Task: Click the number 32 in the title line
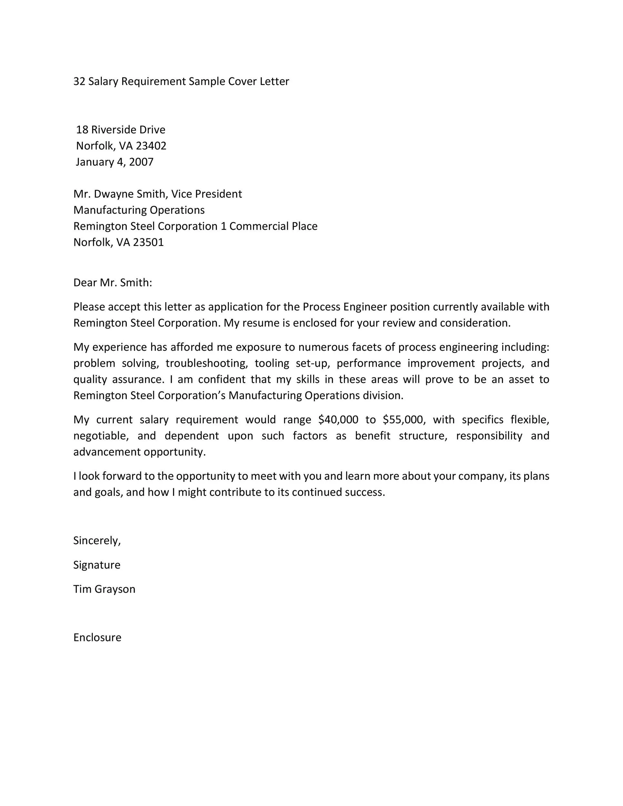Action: (79, 81)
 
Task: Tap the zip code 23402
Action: (151, 146)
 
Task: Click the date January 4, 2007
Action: (114, 162)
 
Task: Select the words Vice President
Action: (206, 194)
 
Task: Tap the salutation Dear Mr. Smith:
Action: (113, 283)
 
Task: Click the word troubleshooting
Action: (207, 364)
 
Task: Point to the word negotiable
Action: (101, 436)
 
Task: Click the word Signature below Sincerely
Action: (97, 565)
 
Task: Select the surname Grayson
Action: (115, 589)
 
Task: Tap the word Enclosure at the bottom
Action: (97, 637)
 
